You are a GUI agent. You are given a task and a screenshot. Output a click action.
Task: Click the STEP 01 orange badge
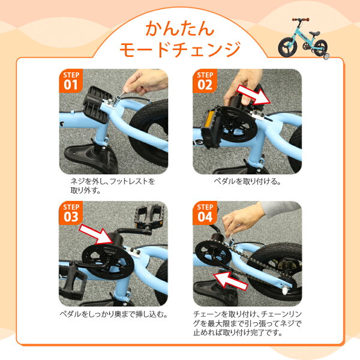(x=71, y=81)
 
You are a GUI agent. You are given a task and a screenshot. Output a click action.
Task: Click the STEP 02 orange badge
(x=205, y=81)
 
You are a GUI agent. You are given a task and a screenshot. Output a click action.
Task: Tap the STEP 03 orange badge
(x=71, y=213)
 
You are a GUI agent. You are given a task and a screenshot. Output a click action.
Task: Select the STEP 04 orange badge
(x=205, y=213)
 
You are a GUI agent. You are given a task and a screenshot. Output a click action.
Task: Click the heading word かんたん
(x=180, y=28)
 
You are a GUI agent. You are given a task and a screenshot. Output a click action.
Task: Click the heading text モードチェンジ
(x=180, y=49)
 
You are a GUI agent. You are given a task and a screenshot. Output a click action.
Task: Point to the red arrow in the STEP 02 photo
(x=253, y=95)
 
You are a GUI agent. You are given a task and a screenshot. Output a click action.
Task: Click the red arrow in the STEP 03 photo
(x=96, y=234)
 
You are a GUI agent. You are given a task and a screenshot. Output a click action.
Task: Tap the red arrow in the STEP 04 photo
(x=230, y=281)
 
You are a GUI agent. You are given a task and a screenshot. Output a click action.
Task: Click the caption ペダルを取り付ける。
(x=247, y=182)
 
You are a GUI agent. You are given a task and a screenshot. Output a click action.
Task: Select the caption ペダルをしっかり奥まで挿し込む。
(x=113, y=314)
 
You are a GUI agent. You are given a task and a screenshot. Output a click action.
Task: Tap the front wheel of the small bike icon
(x=287, y=47)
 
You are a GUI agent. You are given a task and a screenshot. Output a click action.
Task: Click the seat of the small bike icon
(x=314, y=33)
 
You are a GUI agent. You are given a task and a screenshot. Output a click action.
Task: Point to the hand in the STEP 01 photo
(x=145, y=81)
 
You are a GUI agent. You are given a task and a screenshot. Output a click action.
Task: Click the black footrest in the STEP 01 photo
(x=95, y=104)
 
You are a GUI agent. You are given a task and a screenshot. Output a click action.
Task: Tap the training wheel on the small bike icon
(x=326, y=56)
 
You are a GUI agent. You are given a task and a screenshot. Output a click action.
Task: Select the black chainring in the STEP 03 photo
(x=108, y=262)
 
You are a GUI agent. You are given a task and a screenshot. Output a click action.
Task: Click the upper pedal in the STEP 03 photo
(x=149, y=216)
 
